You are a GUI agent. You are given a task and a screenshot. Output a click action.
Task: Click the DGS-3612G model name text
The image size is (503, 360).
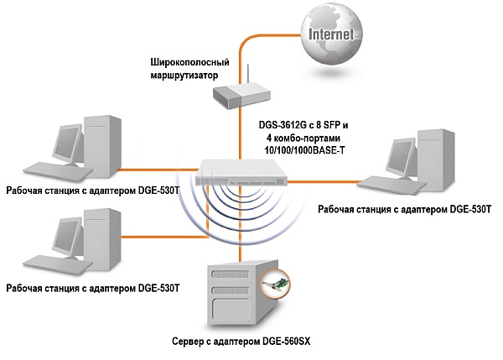click(283, 123)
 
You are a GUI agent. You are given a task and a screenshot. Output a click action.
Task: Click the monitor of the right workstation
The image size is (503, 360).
click(402, 156)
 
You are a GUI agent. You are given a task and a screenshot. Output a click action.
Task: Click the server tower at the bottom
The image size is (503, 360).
click(235, 293)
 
